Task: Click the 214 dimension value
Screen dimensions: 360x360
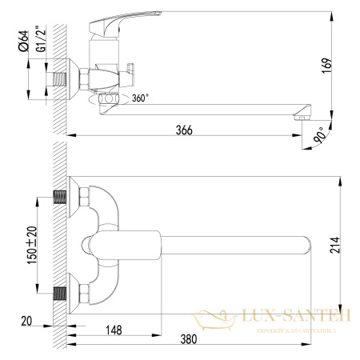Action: pyautogui.click(x=346, y=249)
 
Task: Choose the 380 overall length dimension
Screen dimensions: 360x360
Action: pyautogui.click(x=187, y=339)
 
